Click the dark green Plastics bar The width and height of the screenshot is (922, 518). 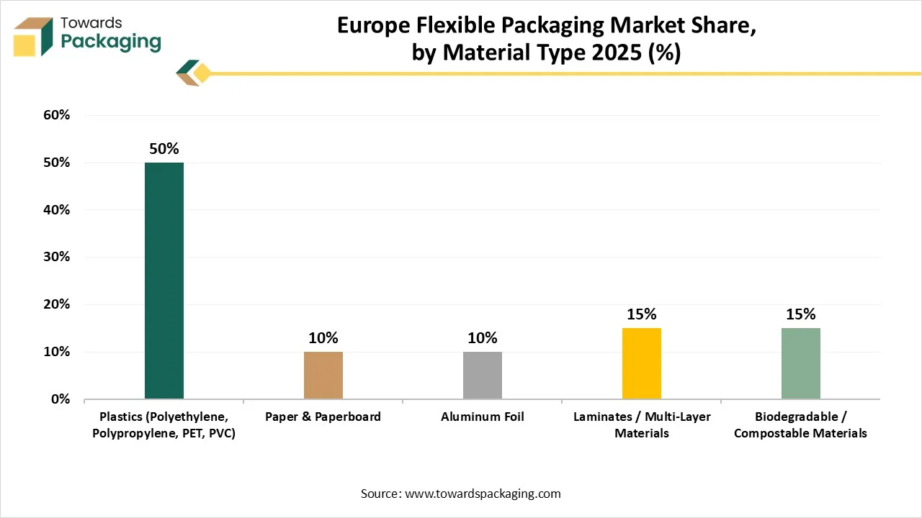[x=164, y=281]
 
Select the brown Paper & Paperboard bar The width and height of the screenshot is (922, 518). [x=323, y=376]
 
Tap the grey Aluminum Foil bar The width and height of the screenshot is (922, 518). [x=483, y=376]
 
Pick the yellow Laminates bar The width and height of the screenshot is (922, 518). [x=642, y=363]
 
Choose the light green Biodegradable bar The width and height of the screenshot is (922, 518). [x=801, y=363]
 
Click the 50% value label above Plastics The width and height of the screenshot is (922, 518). [x=164, y=149]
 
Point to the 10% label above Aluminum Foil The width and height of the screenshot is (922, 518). [x=483, y=338]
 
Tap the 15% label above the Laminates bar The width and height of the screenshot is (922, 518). [x=642, y=314]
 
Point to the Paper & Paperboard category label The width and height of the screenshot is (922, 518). [x=323, y=417]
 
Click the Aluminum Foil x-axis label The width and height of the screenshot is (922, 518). [x=483, y=417]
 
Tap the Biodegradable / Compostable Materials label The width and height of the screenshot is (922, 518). [x=800, y=424]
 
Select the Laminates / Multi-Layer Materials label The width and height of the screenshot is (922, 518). [x=642, y=424]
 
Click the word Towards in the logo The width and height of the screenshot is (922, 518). [x=91, y=23]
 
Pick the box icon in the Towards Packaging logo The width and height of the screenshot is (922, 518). [x=34, y=36]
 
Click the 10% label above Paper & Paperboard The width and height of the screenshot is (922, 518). [x=323, y=338]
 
